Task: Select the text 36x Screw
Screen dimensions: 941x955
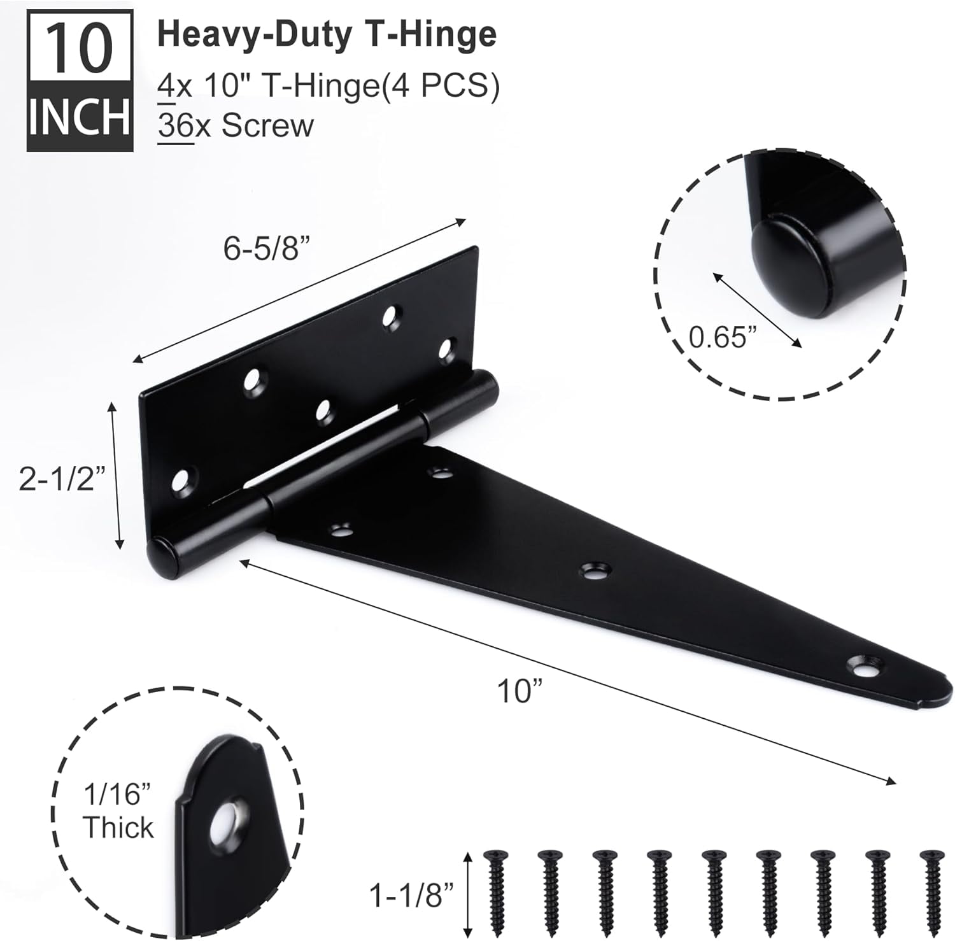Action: tap(236, 125)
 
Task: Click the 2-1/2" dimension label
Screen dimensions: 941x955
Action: tap(61, 478)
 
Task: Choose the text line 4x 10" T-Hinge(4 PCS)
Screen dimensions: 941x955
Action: tap(328, 86)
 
